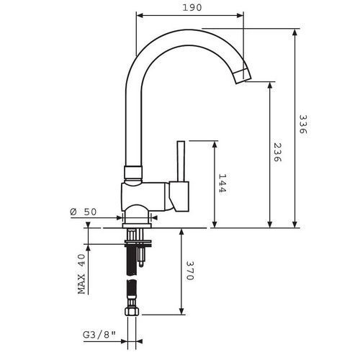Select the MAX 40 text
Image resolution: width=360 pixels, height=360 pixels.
83,274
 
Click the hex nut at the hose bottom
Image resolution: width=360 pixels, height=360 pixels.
132,314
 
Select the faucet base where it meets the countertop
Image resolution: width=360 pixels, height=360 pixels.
136,217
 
